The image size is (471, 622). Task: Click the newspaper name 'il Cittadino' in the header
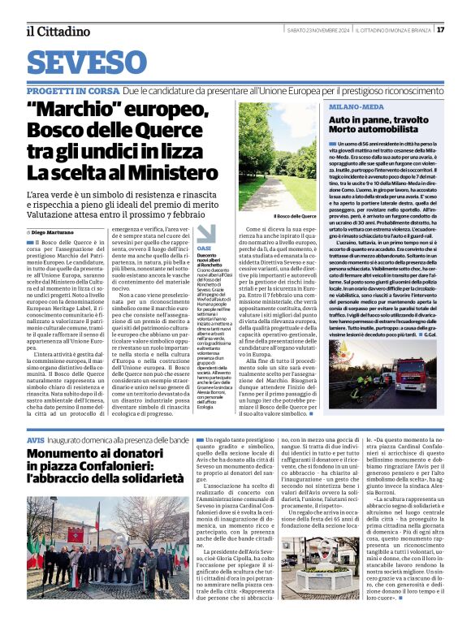click(58, 31)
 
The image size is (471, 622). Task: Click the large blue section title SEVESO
click(92, 63)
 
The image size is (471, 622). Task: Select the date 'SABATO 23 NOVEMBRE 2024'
click(292, 31)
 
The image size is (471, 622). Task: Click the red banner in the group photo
click(74, 537)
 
